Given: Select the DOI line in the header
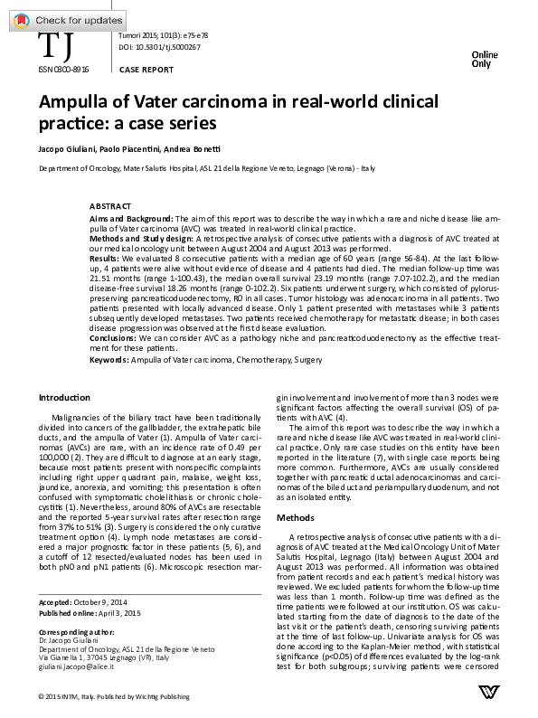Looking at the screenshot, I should click(163, 47).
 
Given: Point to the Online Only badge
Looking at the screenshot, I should click(482, 60).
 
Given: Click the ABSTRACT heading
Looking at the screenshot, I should click(110, 206).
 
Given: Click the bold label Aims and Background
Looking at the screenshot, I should click(132, 219).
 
